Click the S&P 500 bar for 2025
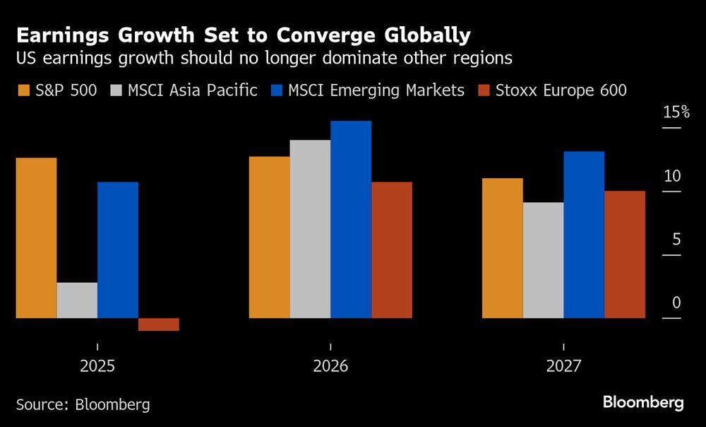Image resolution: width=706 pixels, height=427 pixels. pyautogui.click(x=36, y=238)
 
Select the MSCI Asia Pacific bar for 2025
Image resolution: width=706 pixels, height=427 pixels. pyautogui.click(x=77, y=300)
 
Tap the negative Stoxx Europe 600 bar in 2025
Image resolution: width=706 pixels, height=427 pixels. pyautogui.click(x=159, y=324)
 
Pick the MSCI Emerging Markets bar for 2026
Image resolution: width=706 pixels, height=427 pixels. pyautogui.click(x=351, y=219)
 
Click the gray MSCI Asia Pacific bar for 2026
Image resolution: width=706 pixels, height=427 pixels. pyautogui.click(x=310, y=229)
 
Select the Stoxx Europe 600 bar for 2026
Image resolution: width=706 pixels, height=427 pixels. pyautogui.click(x=392, y=250)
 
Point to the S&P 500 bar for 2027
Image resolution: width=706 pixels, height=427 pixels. pyautogui.click(x=502, y=248)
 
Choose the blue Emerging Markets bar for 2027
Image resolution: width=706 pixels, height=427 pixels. pyautogui.click(x=584, y=235)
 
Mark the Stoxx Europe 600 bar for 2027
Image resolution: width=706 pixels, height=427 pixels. pyautogui.click(x=625, y=255)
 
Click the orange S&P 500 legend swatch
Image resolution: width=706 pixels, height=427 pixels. pyautogui.click(x=23, y=90)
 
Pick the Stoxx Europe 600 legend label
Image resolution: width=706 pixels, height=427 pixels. pyautogui.click(x=561, y=90)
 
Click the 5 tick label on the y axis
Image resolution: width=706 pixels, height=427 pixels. pyautogui.click(x=676, y=240)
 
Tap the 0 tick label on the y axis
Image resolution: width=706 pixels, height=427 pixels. pyautogui.click(x=676, y=303)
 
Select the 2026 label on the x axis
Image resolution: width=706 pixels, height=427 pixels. pyautogui.click(x=330, y=366)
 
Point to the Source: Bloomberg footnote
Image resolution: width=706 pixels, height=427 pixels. pyautogui.click(x=83, y=404)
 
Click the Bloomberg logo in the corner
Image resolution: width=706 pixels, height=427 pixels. pyautogui.click(x=643, y=403)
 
